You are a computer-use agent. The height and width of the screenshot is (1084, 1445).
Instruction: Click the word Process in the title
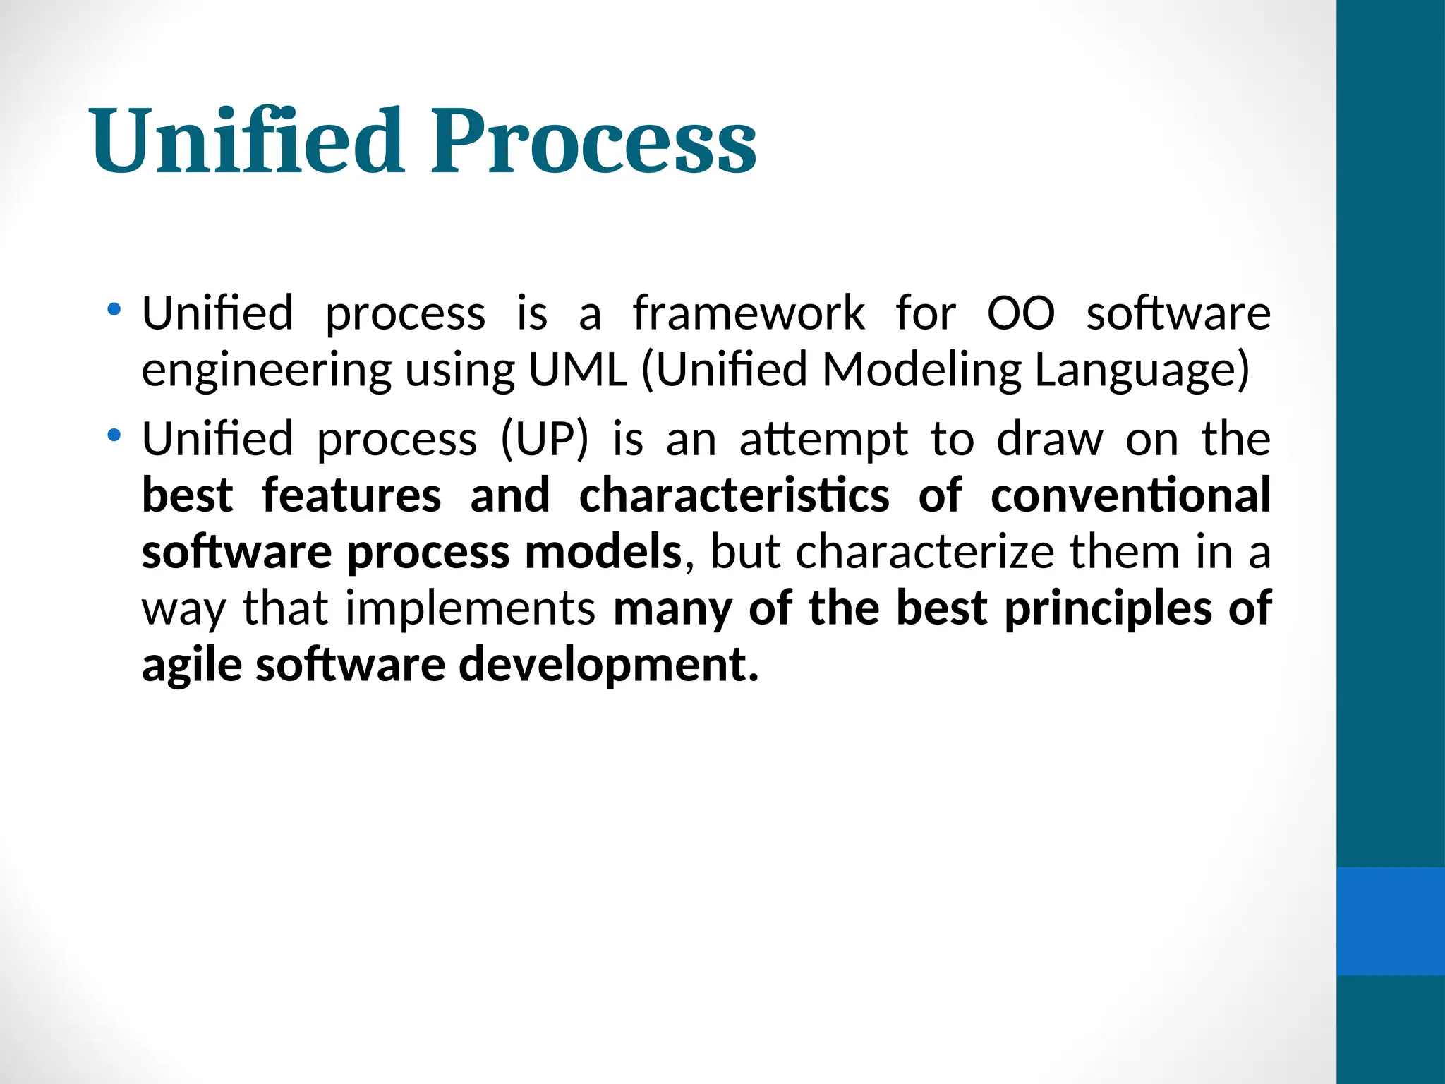click(593, 141)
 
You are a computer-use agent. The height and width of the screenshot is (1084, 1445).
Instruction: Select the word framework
click(748, 313)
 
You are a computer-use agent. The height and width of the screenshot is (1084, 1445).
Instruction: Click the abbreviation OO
click(1020, 313)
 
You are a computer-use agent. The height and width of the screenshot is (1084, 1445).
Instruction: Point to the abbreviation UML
click(577, 370)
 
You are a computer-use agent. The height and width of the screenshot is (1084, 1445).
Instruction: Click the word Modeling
click(921, 371)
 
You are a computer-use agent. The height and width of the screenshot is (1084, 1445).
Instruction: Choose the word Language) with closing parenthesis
click(1142, 371)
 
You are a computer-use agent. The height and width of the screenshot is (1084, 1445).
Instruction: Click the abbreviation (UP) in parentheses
click(544, 440)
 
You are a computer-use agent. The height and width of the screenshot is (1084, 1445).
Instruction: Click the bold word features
click(351, 495)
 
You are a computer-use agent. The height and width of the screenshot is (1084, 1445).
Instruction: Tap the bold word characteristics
click(734, 495)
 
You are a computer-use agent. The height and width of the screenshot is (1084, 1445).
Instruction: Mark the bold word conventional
click(1130, 495)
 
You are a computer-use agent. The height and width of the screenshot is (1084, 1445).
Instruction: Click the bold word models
click(603, 552)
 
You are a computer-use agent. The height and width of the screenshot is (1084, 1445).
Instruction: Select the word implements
click(470, 608)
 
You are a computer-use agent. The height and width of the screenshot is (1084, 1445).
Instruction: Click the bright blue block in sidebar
click(1390, 921)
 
